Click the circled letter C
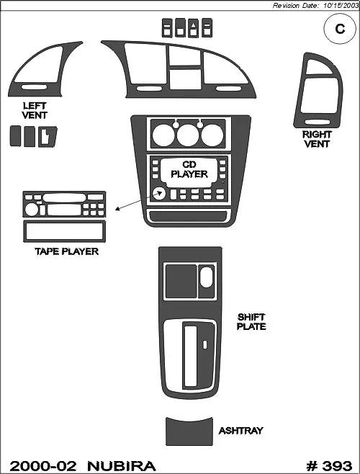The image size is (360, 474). pyautogui.click(x=340, y=29)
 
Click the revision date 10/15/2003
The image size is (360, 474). pyautogui.click(x=340, y=6)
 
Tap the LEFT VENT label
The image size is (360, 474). pyautogui.click(x=35, y=111)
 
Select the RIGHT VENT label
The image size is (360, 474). pyautogui.click(x=317, y=139)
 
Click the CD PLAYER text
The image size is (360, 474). pyautogui.click(x=189, y=169)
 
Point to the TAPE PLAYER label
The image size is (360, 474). pyautogui.click(x=66, y=251)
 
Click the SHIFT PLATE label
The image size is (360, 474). pyautogui.click(x=251, y=321)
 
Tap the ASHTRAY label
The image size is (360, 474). pyautogui.click(x=240, y=431)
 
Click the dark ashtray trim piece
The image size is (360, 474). pyautogui.click(x=189, y=431)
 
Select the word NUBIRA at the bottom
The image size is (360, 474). pyautogui.click(x=122, y=466)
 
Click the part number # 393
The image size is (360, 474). pyautogui.click(x=329, y=466)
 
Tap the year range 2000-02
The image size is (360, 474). pyautogui.click(x=42, y=466)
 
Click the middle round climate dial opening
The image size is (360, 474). pyautogui.click(x=188, y=135)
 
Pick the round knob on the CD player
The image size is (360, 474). pyautogui.click(x=158, y=194)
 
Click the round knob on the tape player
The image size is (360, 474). pyautogui.click(x=32, y=209)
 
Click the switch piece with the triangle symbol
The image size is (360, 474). pyautogui.click(x=193, y=28)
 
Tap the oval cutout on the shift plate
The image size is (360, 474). pyautogui.click(x=207, y=277)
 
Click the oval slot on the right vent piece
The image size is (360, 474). pyautogui.click(x=317, y=122)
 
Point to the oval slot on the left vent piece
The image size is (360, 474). pyautogui.click(x=34, y=87)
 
